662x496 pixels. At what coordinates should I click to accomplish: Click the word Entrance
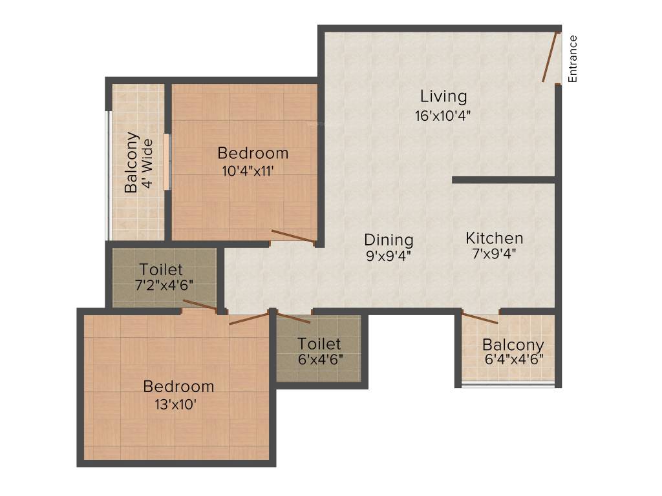coord(573,59)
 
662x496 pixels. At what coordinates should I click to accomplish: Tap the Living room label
coord(443,97)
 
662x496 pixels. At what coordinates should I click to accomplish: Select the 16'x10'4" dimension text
coord(443,116)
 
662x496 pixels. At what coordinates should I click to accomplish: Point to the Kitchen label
coord(495,238)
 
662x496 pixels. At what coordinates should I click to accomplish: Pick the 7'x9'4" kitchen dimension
coord(495,254)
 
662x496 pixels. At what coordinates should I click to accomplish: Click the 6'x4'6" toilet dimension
coord(319,359)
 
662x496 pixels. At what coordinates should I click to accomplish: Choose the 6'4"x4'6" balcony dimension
coord(513,360)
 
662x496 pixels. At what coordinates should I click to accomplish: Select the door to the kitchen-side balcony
coord(480,317)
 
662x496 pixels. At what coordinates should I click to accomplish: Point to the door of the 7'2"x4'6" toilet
coord(200,305)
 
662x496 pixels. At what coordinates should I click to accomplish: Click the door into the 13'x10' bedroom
coord(248,318)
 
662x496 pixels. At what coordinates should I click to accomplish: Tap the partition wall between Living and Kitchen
coord(504,180)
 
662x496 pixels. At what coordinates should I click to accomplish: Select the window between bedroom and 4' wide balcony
coord(166,161)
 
